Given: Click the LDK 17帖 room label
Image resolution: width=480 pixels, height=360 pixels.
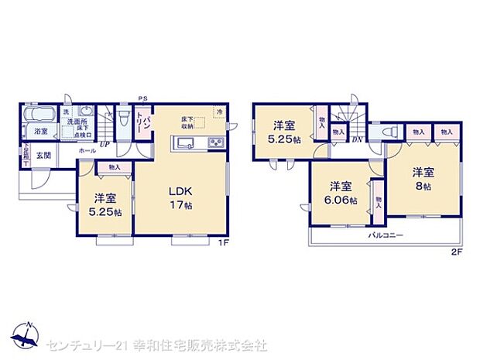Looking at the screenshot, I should click(x=183, y=197).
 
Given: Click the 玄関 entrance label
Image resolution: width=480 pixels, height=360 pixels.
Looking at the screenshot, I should click(x=43, y=156).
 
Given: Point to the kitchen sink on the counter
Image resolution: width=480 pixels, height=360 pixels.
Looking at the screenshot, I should click(x=187, y=142).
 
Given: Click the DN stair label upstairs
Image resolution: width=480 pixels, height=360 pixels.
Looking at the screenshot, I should click(x=358, y=139).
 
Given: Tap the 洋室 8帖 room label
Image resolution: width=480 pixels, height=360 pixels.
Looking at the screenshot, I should click(x=421, y=179).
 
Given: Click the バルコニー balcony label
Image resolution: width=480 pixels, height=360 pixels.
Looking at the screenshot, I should click(x=385, y=235).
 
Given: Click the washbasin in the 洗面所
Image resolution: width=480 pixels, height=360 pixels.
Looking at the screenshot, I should click(x=87, y=111).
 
